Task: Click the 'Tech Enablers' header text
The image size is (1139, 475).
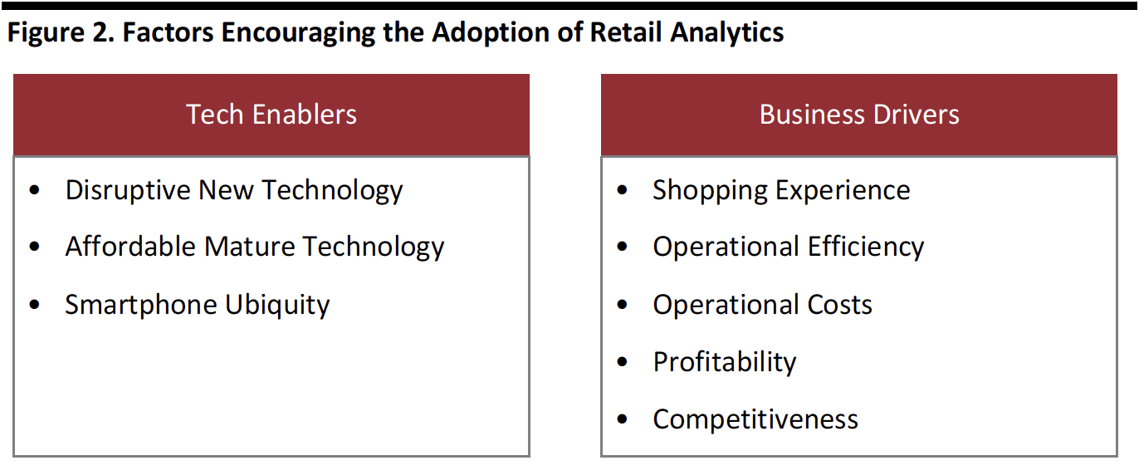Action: coord(271,115)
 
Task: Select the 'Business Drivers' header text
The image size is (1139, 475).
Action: coord(859,115)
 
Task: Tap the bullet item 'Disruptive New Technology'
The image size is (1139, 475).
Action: coord(234,191)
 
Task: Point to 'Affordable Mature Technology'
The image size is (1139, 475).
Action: coord(255,247)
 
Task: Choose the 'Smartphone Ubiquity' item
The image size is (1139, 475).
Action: coord(198,306)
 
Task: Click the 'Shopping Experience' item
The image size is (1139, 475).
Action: coord(781,191)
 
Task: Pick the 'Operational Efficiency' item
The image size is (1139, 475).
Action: coord(789,247)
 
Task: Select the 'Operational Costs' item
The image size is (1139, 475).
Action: coord(763,305)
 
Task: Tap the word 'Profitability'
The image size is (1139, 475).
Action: coord(725,363)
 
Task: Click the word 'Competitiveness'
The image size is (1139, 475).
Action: coord(755,419)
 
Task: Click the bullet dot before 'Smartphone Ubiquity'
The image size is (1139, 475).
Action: coord(35,305)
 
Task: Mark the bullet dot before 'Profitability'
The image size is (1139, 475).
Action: coord(623,362)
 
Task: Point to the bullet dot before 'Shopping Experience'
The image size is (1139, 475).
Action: coord(623,190)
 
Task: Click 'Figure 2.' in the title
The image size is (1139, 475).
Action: coord(61,33)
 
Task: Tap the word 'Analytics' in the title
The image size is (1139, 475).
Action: coord(727,33)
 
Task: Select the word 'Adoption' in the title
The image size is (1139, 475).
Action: coord(491,33)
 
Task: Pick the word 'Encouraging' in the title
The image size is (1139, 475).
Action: coord(298,33)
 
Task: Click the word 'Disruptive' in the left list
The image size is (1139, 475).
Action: coord(128,191)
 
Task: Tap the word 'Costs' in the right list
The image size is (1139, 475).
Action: coord(840,305)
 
